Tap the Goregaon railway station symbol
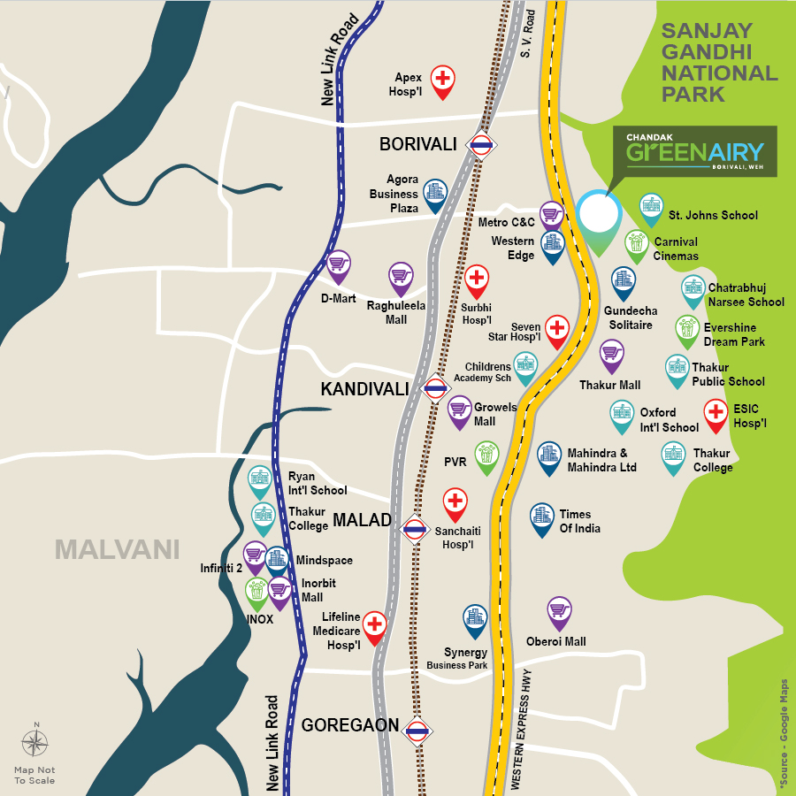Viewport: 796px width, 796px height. [x=417, y=731]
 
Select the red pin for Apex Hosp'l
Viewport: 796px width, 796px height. [x=443, y=80]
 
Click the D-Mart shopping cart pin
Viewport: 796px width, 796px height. [x=338, y=264]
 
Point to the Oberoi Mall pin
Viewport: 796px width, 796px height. [x=559, y=610]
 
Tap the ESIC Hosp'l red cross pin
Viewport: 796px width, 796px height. [x=716, y=413]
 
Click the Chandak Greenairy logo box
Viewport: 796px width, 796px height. [x=695, y=151]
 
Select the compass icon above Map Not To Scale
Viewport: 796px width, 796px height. [x=35, y=744]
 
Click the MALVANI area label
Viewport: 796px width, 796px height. [x=117, y=549]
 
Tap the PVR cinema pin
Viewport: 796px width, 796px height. [x=486, y=456]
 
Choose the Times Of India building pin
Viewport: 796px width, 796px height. [x=542, y=518]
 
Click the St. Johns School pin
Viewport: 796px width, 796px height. [x=651, y=208]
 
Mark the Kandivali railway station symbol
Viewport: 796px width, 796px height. [x=434, y=388]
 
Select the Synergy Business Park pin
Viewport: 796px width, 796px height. [x=476, y=619]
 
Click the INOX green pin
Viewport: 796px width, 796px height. [x=257, y=593]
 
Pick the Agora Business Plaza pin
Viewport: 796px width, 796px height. [x=434, y=194]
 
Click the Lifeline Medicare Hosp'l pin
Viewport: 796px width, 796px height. [x=375, y=626]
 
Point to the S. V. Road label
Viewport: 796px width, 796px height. [x=530, y=35]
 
